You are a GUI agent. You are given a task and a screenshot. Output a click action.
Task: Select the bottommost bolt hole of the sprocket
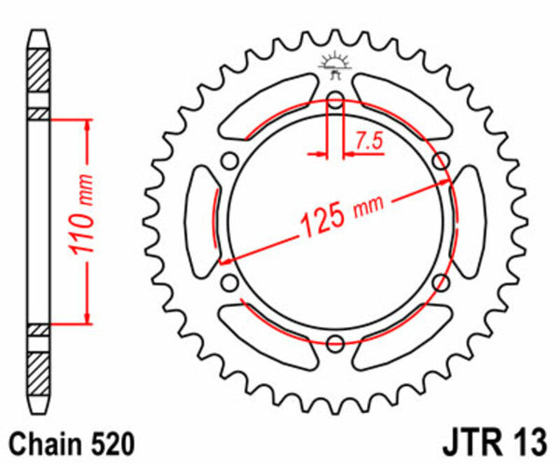pos(335,342)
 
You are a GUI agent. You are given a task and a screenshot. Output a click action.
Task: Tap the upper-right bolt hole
pos(440,162)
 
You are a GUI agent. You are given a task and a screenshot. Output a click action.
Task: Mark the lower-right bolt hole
pos(440,281)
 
